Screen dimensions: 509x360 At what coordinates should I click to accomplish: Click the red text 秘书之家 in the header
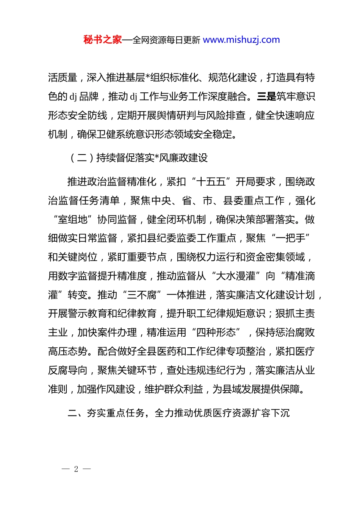pos(103,40)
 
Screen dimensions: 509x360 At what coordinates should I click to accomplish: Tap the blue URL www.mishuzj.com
pos(241,40)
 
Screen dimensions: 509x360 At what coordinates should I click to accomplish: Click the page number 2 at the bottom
pos(76,469)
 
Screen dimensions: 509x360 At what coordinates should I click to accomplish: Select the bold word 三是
pos(266,97)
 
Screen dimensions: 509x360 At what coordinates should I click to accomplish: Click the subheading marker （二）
pos(81,158)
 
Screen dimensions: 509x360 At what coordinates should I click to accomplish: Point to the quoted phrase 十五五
pos(211,182)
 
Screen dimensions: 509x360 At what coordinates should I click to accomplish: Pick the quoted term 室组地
pos(72,220)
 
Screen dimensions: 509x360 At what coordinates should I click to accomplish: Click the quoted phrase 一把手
pos(290,238)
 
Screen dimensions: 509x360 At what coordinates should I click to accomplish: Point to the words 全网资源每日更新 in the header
pos(166,40)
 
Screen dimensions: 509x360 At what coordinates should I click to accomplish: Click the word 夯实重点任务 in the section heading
pos(116,413)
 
